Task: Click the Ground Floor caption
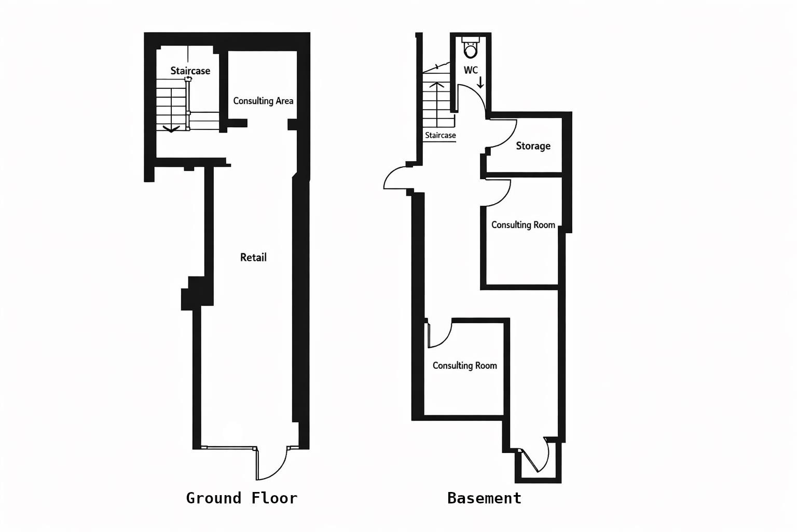point(241,498)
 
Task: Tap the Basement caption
point(484,498)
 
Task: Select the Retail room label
point(253,257)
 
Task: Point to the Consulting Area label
point(263,101)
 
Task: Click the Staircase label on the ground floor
point(190,71)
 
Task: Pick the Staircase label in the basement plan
point(440,136)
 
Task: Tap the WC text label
point(471,70)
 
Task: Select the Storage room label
point(533,146)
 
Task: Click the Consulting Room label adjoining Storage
point(523,225)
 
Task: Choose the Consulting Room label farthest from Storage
point(464,366)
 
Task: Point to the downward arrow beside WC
point(480,82)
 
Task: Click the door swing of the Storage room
point(502,134)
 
